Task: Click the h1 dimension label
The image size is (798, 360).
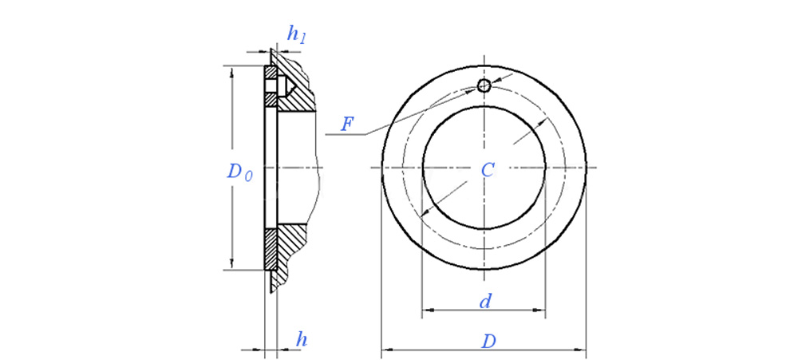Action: pyautogui.click(x=296, y=34)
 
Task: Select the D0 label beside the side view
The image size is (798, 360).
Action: pyautogui.click(x=239, y=172)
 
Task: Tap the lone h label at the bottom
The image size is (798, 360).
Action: pyautogui.click(x=301, y=339)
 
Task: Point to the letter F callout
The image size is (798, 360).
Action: pyautogui.click(x=347, y=124)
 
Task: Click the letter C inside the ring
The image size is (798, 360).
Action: pyautogui.click(x=488, y=169)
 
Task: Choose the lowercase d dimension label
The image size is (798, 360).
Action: pyautogui.click(x=484, y=301)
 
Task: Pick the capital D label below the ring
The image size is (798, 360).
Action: pyautogui.click(x=488, y=341)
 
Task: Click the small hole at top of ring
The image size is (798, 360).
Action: pyautogui.click(x=484, y=86)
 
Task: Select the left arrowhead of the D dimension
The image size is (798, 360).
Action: pyautogui.click(x=386, y=349)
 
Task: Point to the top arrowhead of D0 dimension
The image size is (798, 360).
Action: pyautogui.click(x=232, y=72)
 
